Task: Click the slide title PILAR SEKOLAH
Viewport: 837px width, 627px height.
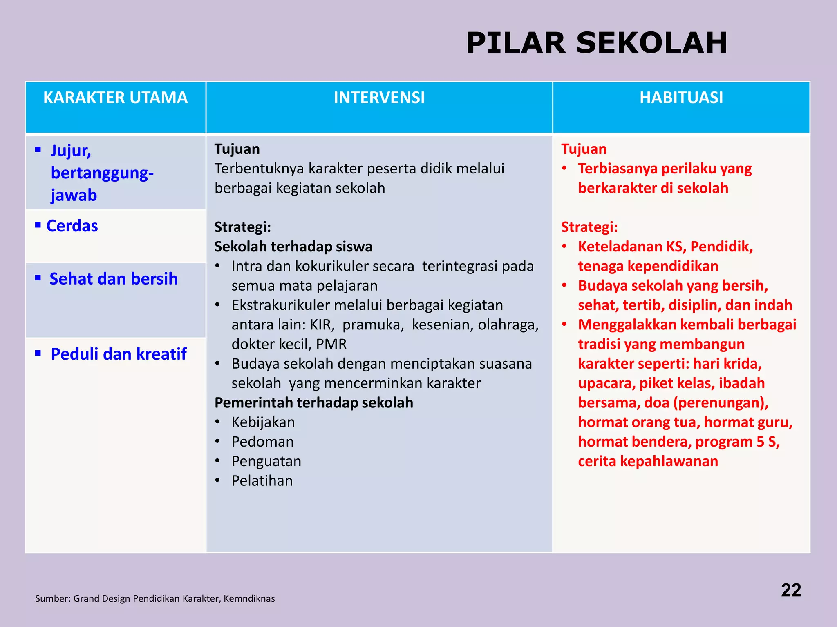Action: click(x=596, y=43)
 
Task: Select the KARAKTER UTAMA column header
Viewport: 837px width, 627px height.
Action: click(x=115, y=98)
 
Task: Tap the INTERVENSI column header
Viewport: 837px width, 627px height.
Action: click(x=379, y=98)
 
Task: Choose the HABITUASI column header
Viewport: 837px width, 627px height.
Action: click(x=681, y=98)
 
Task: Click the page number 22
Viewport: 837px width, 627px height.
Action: click(x=790, y=590)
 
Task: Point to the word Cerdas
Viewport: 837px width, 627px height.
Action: click(x=72, y=226)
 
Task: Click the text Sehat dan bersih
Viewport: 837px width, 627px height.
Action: click(x=113, y=279)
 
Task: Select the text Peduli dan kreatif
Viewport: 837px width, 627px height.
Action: click(x=118, y=354)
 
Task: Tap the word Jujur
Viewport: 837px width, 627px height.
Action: click(x=70, y=151)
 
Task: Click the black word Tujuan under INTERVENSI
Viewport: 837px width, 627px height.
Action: click(x=237, y=149)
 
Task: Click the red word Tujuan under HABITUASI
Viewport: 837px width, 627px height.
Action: click(x=583, y=149)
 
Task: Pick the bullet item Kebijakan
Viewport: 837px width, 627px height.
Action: click(x=263, y=422)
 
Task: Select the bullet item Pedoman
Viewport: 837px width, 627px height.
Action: click(x=262, y=442)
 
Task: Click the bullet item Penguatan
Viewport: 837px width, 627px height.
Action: click(x=266, y=461)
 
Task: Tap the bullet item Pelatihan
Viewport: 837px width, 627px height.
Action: click(x=262, y=481)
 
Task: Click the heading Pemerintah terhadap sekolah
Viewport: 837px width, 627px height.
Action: click(x=313, y=402)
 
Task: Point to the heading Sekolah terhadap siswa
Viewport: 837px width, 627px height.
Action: click(x=293, y=247)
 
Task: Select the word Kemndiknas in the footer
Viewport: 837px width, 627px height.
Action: click(x=249, y=598)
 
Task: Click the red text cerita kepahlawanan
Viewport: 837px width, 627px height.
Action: click(x=648, y=461)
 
